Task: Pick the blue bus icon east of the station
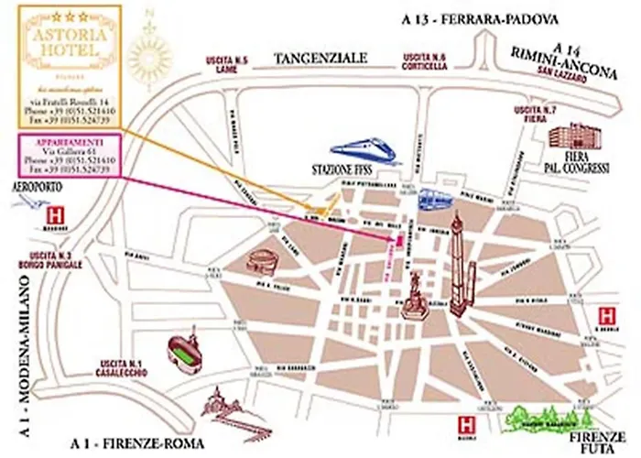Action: (432, 198)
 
